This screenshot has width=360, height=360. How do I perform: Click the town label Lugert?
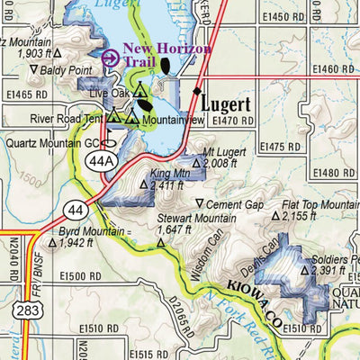click(x=232, y=103)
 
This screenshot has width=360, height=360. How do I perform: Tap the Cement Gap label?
click(x=237, y=205)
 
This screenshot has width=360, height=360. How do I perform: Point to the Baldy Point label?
click(x=54, y=69)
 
